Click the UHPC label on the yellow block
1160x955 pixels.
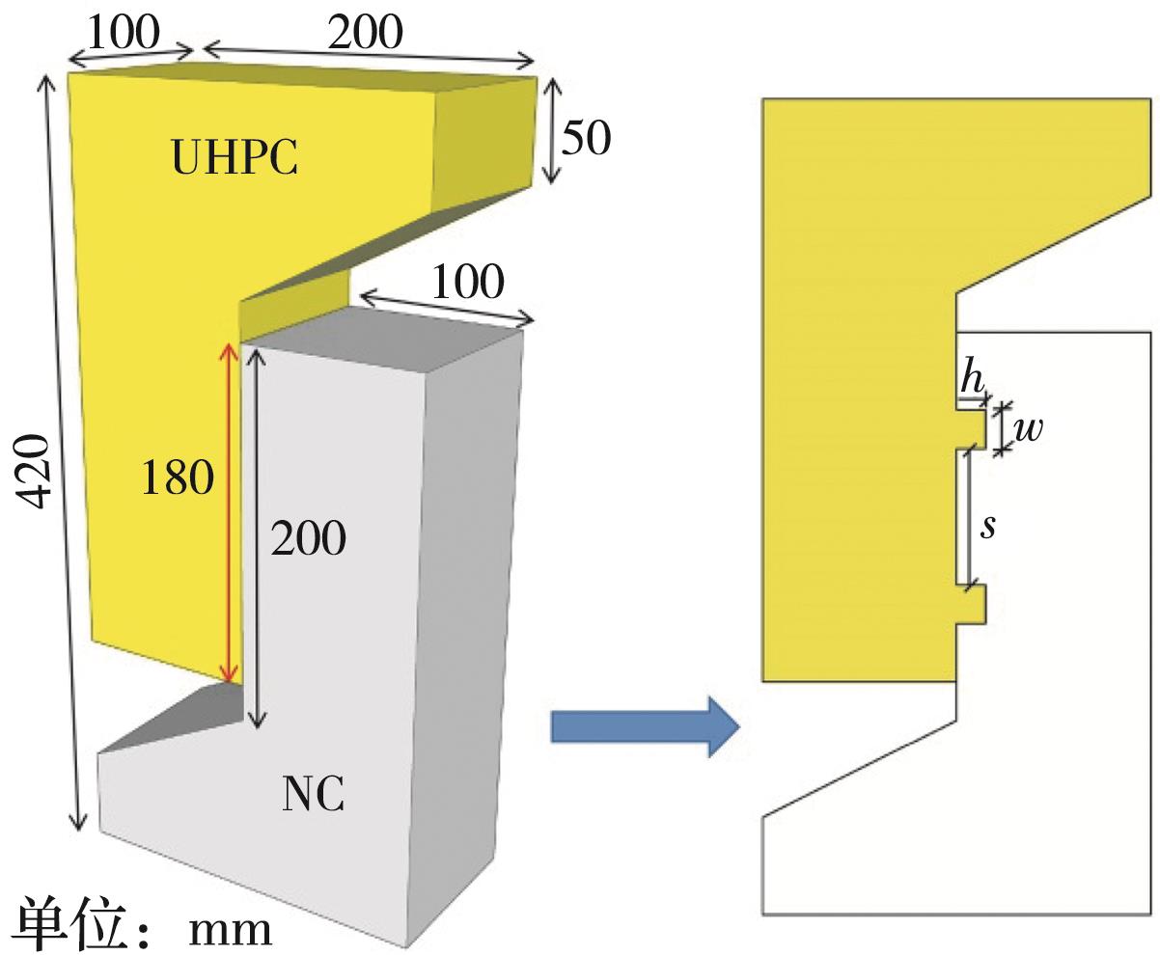pos(235,157)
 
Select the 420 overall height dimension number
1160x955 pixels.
pos(36,472)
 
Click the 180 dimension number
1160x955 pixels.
pos(177,477)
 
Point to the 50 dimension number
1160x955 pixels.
pos(586,139)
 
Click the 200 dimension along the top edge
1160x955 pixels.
pos(365,33)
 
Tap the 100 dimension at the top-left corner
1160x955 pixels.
pos(124,33)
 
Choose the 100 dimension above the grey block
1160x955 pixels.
pos(467,284)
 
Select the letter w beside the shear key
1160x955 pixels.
pos(1029,427)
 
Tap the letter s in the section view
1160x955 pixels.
pos(987,527)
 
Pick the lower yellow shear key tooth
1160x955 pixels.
pos(972,604)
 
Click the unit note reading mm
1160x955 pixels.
pos(230,928)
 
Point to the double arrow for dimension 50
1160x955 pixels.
pos(550,131)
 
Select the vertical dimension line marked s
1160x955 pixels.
pos(969,517)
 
